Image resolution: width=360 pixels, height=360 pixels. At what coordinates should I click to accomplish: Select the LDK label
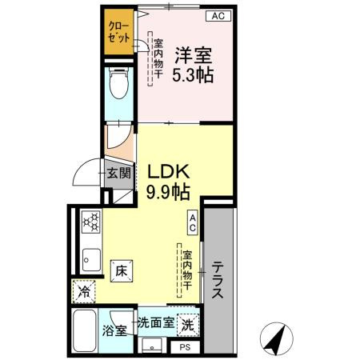pyautogui.click(x=166, y=171)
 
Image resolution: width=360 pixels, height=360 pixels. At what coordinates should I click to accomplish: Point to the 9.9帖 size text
pyautogui.click(x=167, y=192)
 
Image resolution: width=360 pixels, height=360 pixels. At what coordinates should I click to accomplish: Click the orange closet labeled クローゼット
pyautogui.click(x=119, y=33)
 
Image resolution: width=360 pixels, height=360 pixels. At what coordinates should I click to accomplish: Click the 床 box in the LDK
pyautogui.click(x=120, y=270)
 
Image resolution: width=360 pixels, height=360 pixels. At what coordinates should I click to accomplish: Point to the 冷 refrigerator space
pyautogui.click(x=84, y=293)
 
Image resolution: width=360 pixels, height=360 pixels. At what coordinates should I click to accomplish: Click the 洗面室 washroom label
pyautogui.click(x=155, y=322)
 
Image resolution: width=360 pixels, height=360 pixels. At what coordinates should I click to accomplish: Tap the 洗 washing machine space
pyautogui.click(x=186, y=326)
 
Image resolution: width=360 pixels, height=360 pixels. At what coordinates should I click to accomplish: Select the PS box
pyautogui.click(x=184, y=347)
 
